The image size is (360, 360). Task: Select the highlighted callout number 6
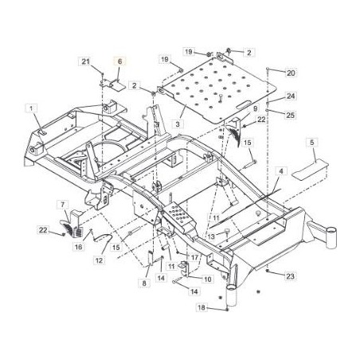(119, 61)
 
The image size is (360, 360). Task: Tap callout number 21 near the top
(87, 61)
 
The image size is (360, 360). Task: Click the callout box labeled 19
(163, 60)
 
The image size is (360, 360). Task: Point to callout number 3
(182, 125)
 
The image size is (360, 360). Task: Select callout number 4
(282, 171)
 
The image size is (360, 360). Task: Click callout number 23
(291, 276)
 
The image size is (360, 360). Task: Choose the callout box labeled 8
(145, 283)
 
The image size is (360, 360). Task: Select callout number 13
(210, 237)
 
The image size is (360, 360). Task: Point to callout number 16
(78, 247)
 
